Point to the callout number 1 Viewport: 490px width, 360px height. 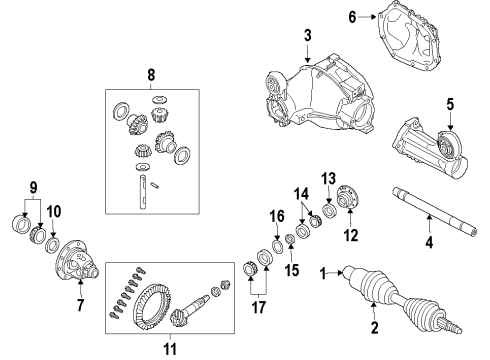[x=323, y=272]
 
